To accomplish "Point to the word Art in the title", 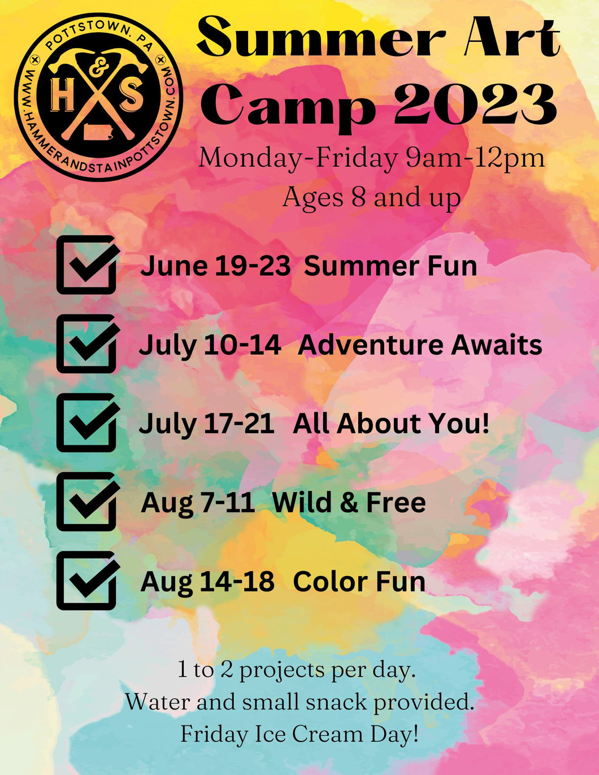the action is point(511,38).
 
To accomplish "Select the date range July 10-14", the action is point(210,345).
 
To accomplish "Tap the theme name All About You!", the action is point(390,424).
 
